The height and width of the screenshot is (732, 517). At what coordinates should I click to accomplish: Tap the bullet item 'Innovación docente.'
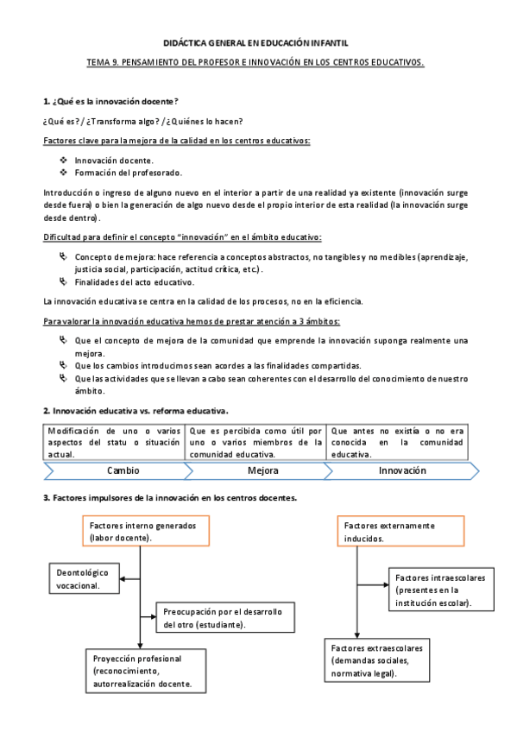[x=115, y=161]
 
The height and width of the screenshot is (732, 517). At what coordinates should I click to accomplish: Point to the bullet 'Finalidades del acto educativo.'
[x=134, y=281]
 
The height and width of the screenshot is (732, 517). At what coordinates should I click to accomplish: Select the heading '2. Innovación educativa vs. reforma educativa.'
[x=136, y=411]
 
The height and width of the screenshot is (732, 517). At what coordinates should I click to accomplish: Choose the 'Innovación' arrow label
[x=402, y=471]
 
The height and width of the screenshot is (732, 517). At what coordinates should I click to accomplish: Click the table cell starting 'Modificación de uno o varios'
[x=114, y=442]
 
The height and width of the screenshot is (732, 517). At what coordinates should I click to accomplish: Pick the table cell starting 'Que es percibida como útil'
[x=255, y=442]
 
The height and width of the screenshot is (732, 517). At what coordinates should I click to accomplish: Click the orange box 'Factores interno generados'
[x=146, y=531]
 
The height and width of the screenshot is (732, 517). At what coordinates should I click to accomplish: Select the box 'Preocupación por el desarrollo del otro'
[x=224, y=618]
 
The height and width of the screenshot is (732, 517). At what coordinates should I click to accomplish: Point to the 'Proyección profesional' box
[x=148, y=671]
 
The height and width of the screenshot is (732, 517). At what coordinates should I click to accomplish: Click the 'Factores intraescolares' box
[x=439, y=589]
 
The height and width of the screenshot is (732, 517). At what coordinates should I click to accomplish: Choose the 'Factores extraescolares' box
[x=376, y=660]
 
